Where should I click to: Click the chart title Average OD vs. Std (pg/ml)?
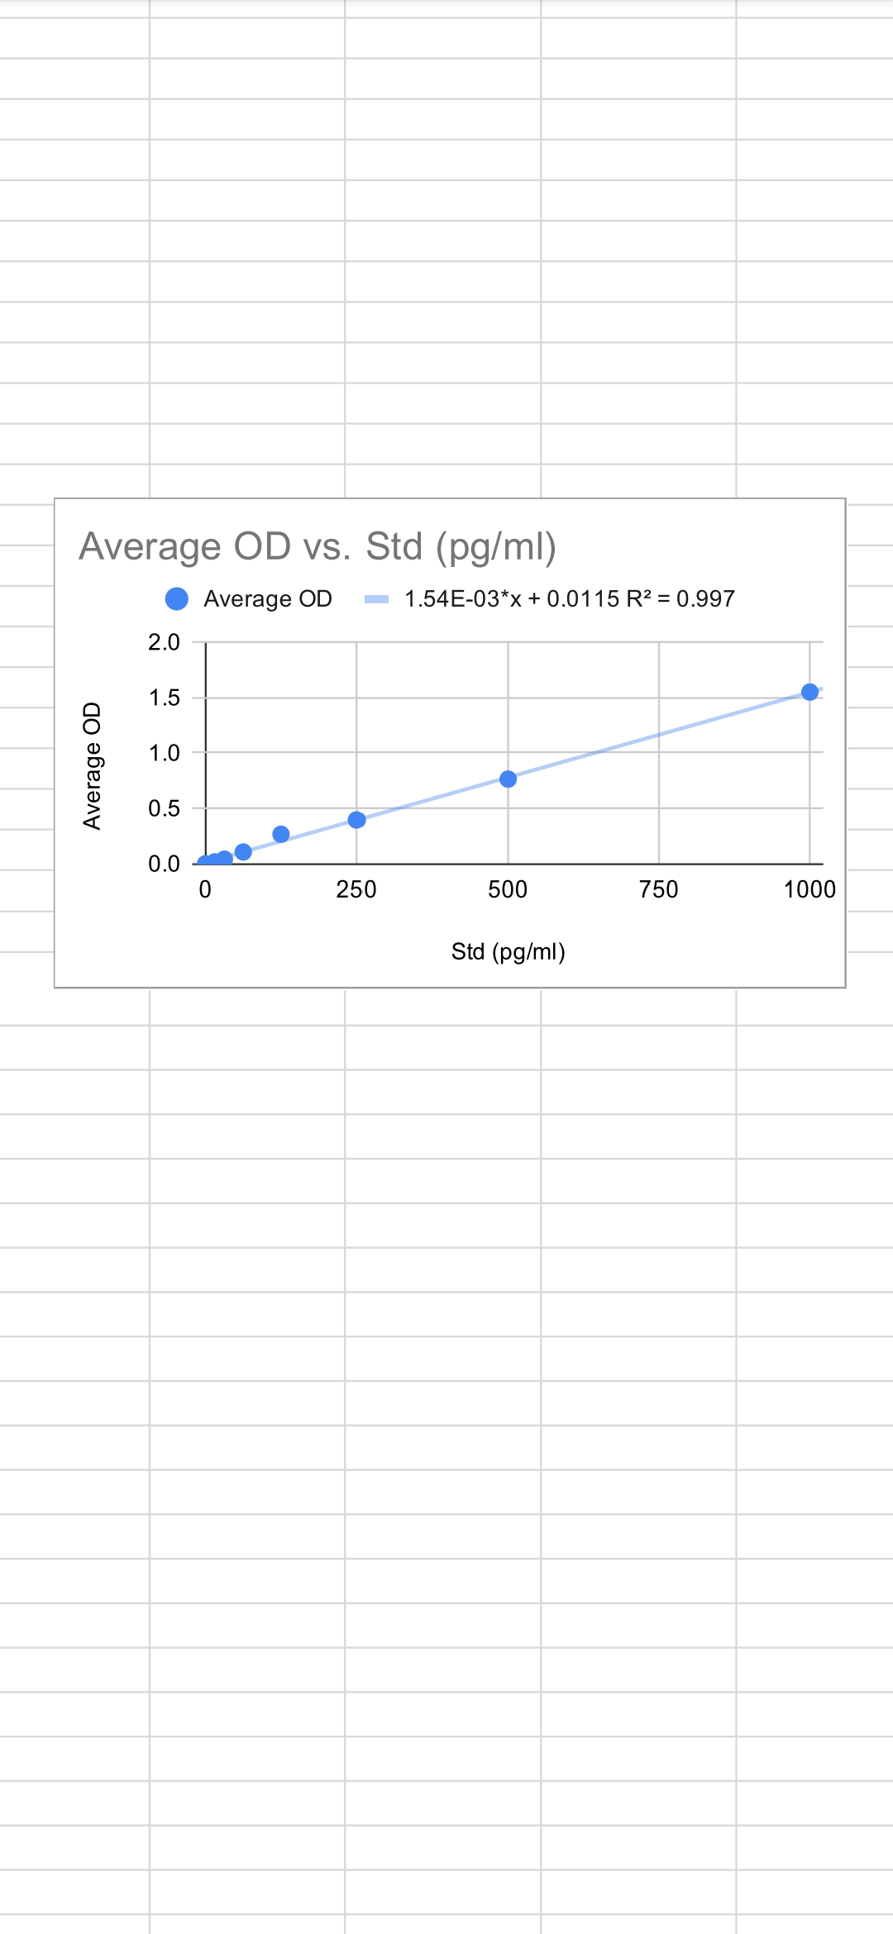click(x=318, y=546)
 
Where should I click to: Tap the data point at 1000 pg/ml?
click(x=809, y=692)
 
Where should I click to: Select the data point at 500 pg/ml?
click(x=508, y=779)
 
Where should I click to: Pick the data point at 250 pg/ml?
click(x=356, y=820)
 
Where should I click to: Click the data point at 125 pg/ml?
click(x=280, y=834)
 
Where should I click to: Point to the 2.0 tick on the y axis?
click(x=164, y=642)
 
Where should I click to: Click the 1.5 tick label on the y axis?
click(x=164, y=698)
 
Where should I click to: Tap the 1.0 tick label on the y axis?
click(x=164, y=753)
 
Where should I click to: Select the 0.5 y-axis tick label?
click(x=164, y=808)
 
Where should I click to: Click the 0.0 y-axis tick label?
click(x=164, y=864)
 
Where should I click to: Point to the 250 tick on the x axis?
click(x=356, y=889)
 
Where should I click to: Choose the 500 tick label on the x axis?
click(x=508, y=889)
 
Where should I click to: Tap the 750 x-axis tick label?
click(x=659, y=889)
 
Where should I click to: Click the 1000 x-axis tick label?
click(x=809, y=889)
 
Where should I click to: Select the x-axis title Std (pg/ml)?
click(x=508, y=951)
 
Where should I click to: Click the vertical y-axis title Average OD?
click(x=92, y=765)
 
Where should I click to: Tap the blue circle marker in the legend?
click(x=177, y=598)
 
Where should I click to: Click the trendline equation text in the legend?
click(x=569, y=598)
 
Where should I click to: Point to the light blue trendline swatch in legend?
click(x=376, y=599)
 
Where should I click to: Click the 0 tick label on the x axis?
click(x=205, y=889)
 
